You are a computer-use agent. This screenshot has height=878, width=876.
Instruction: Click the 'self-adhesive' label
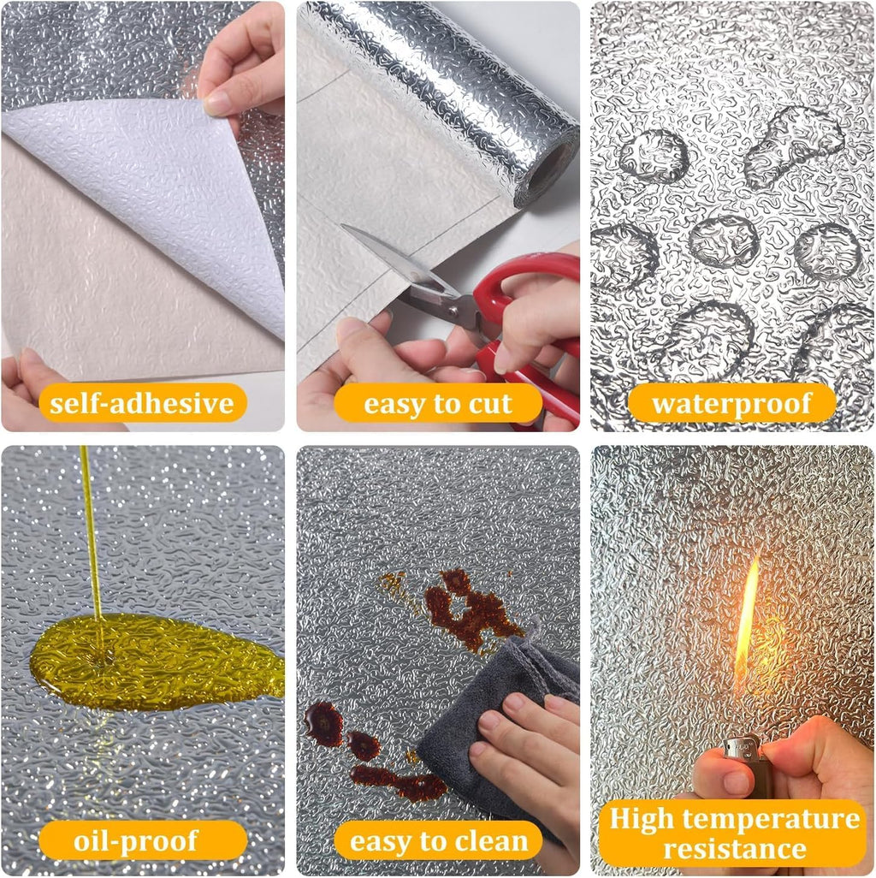point(142,403)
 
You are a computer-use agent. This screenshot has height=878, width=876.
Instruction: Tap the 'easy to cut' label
point(438,403)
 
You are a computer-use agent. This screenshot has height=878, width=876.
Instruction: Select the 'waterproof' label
point(731,403)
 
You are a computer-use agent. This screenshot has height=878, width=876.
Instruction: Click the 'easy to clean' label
point(438,840)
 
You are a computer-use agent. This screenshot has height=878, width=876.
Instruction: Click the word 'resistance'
point(734,849)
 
